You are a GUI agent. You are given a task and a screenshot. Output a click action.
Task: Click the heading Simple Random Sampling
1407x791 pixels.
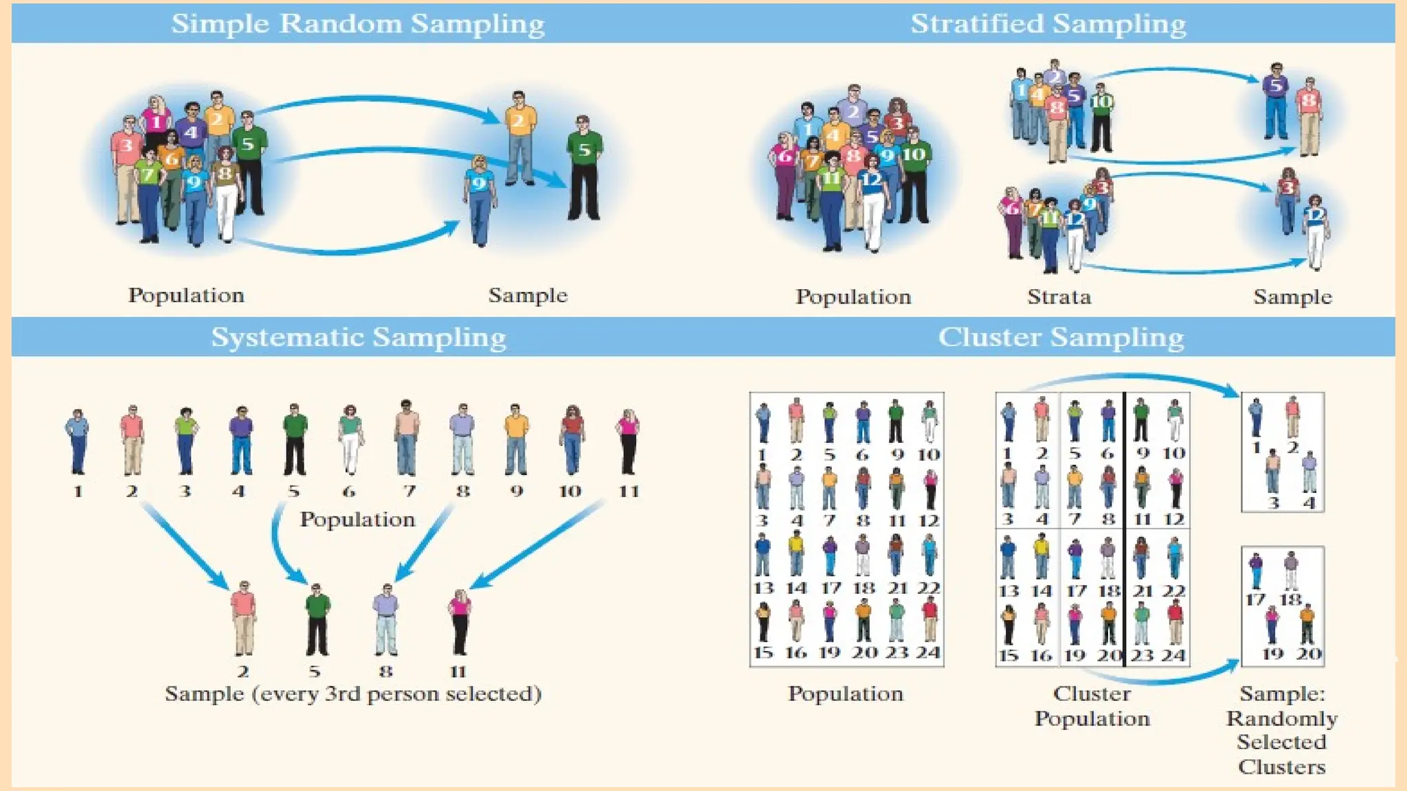pyautogui.click(x=358, y=23)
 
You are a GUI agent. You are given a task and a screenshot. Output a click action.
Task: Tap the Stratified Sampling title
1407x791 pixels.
pyautogui.click(x=1048, y=23)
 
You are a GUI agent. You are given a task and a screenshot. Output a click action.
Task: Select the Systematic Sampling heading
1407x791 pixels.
pyautogui.click(x=358, y=337)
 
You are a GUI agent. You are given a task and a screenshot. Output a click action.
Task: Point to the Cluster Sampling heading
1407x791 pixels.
pyautogui.click(x=1061, y=337)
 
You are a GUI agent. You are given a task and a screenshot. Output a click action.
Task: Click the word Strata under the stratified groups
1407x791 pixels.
pyautogui.click(x=1059, y=297)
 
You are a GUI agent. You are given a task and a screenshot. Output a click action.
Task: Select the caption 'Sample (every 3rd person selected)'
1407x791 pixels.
pyautogui.click(x=353, y=693)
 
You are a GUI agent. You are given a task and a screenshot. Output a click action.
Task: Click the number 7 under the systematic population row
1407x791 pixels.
pyautogui.click(x=409, y=491)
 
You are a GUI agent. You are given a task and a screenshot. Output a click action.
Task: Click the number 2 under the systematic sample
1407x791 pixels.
pyautogui.click(x=243, y=671)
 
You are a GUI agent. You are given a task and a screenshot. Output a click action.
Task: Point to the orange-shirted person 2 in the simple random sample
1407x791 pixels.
pyautogui.click(x=520, y=137)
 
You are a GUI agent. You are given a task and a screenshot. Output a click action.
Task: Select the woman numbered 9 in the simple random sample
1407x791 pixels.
pyautogui.click(x=480, y=199)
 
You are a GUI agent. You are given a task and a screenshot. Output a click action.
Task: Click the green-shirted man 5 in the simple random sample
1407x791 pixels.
pyautogui.click(x=584, y=168)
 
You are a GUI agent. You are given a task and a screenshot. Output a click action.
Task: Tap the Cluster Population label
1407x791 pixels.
pyautogui.click(x=1092, y=706)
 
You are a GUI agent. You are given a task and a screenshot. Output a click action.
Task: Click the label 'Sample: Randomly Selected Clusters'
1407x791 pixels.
pyautogui.click(x=1282, y=729)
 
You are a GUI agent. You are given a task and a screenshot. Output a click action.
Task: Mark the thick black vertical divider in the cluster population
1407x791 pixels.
pyautogui.click(x=1124, y=529)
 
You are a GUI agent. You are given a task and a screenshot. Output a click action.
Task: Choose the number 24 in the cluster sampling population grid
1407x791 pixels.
pyautogui.click(x=927, y=652)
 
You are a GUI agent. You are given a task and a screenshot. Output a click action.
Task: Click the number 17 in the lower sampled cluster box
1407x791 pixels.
pyautogui.click(x=1255, y=599)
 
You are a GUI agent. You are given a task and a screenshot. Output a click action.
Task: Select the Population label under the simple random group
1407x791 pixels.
pyautogui.click(x=186, y=295)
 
